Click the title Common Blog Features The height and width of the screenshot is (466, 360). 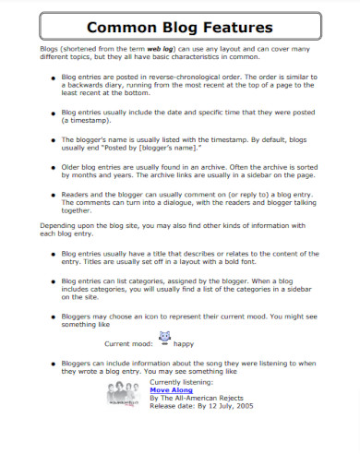(179, 28)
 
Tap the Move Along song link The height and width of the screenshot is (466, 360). (171, 390)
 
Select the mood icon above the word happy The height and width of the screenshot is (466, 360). (166, 337)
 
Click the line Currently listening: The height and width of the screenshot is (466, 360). (180, 382)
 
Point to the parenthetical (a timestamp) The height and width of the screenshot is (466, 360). (89, 120)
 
